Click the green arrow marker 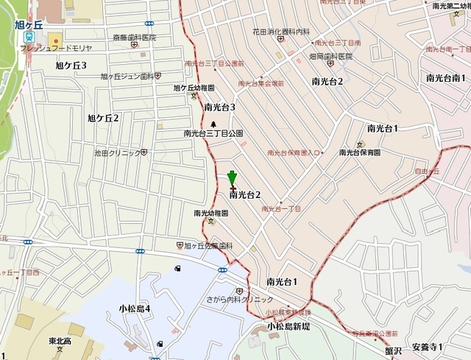point(233,177)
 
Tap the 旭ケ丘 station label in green point(30,24)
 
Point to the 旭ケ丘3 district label point(71,66)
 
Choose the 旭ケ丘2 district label point(103,118)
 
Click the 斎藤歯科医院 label point(135,37)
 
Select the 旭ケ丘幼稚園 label point(194,88)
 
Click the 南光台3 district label point(219,107)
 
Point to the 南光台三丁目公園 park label point(213,134)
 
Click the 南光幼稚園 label point(211,213)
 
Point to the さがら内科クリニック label point(242,299)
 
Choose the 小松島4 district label point(135,308)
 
